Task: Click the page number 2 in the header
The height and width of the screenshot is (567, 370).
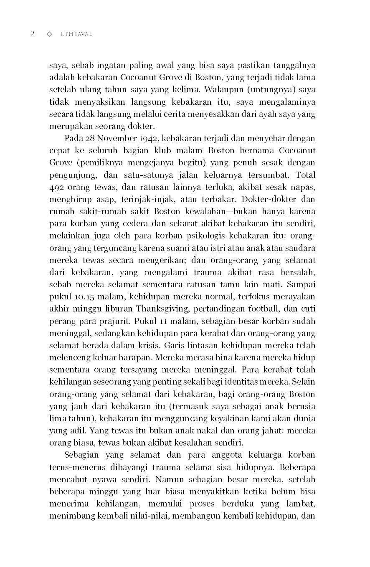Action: pyautogui.click(x=32, y=34)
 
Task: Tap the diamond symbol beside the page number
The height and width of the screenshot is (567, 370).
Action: pyautogui.click(x=49, y=34)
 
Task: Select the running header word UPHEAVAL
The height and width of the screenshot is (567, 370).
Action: pyautogui.click(x=76, y=34)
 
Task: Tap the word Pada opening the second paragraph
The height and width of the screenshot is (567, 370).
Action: pyautogui.click(x=74, y=139)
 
